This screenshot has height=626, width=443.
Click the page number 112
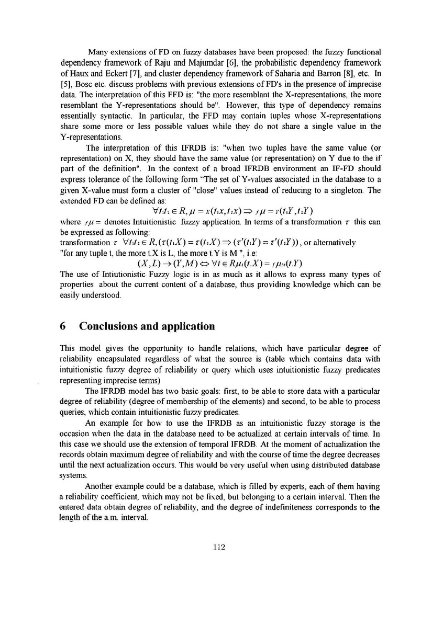click(x=219, y=547)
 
